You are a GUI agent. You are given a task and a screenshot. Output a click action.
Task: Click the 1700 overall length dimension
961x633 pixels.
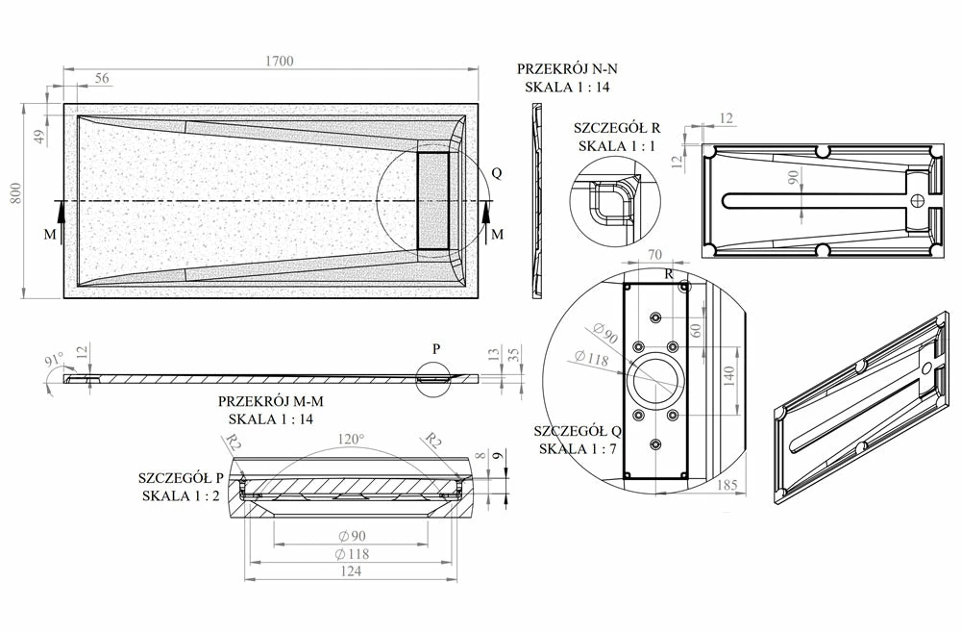click(280, 61)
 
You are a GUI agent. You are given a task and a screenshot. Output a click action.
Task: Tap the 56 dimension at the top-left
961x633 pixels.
click(101, 78)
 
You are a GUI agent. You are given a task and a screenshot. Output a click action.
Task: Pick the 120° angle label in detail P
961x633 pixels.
click(351, 440)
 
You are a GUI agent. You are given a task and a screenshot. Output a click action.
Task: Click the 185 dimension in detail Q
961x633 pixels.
click(727, 486)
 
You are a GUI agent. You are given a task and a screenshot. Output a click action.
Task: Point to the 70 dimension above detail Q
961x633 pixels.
click(656, 256)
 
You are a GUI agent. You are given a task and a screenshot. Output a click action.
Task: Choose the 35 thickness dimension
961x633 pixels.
click(515, 356)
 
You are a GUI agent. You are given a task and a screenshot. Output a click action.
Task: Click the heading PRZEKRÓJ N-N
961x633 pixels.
click(568, 69)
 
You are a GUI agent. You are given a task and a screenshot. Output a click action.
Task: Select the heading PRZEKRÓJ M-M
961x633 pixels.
click(270, 402)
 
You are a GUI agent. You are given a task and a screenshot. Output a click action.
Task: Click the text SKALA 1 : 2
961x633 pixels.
click(182, 495)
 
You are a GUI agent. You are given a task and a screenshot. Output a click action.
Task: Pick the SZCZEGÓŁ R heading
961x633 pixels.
click(617, 128)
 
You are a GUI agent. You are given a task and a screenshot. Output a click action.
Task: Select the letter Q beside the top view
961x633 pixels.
click(496, 173)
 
